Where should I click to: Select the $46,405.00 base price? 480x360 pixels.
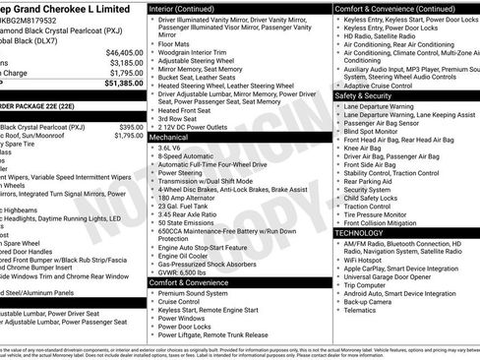click(124, 52)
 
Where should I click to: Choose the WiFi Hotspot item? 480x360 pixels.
click(370, 259)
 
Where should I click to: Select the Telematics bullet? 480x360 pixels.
click(360, 310)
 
